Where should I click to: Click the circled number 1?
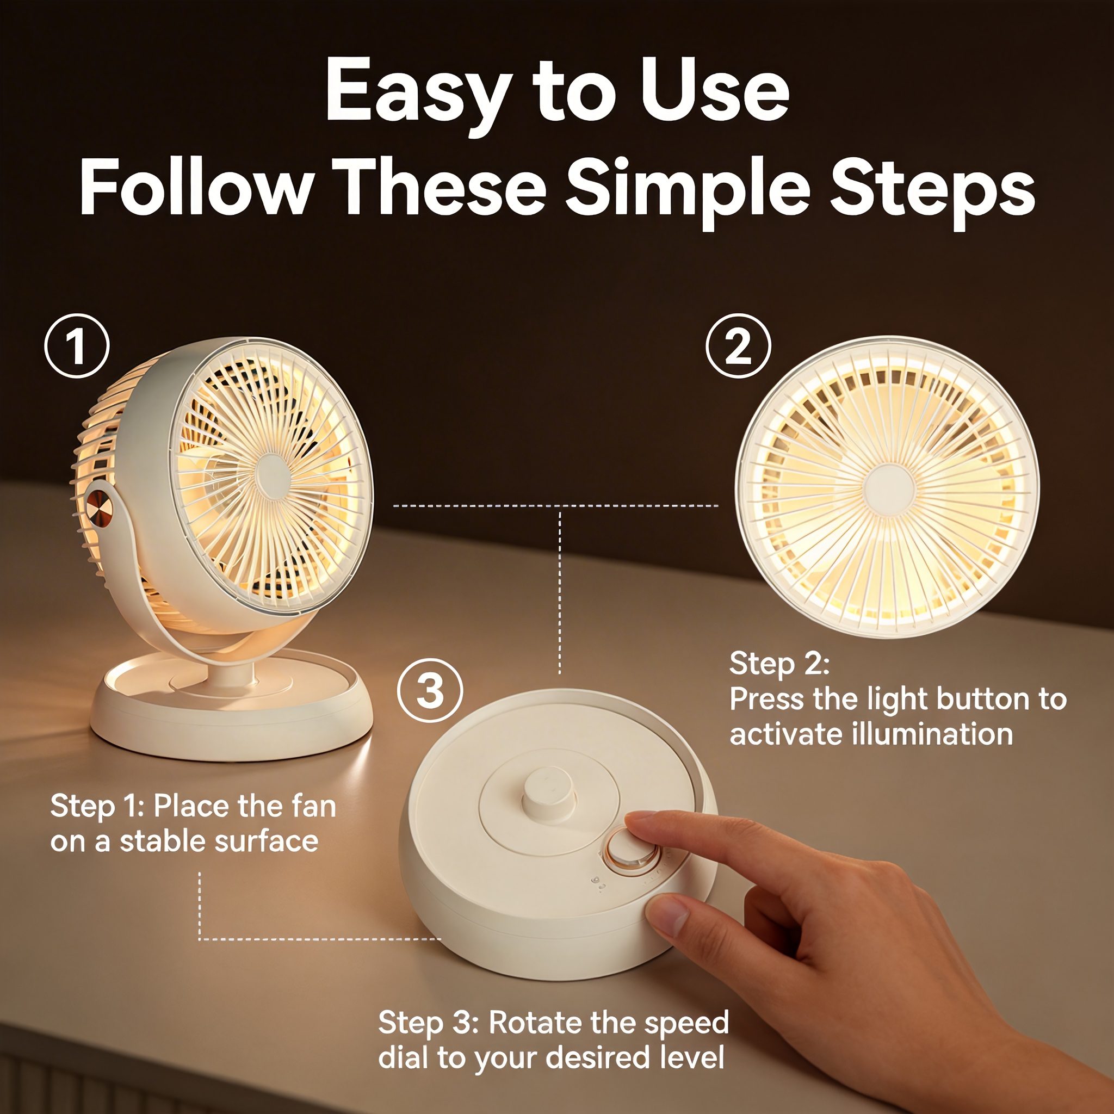coord(77,346)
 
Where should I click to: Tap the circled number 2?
coord(739,346)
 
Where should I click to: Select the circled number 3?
coord(430,691)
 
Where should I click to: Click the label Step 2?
coord(779,664)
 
